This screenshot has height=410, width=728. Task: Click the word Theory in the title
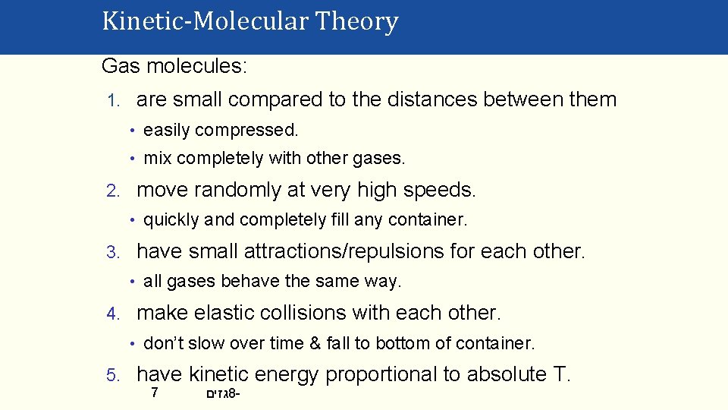[356, 21]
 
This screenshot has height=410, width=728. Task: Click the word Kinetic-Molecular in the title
[205, 21]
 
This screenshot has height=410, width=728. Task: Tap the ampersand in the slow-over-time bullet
[315, 344]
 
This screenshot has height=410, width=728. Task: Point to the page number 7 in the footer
[154, 393]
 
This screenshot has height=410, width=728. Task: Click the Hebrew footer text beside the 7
[223, 394]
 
